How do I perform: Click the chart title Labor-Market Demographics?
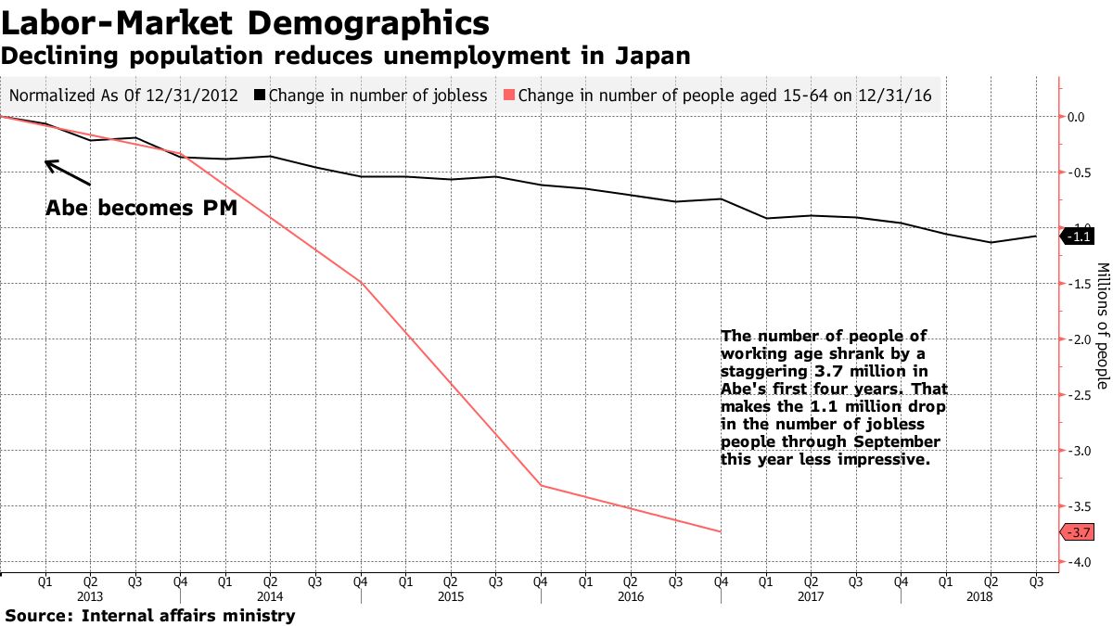point(245,22)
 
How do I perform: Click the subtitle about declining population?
point(345,57)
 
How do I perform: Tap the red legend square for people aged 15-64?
point(507,96)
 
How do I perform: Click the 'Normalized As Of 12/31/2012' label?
point(124,96)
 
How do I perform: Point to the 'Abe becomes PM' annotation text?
point(141,209)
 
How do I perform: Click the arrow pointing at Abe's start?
point(68,172)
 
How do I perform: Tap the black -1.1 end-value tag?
point(1079,236)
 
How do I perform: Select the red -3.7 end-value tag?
point(1079,532)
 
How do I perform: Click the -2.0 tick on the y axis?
point(1079,339)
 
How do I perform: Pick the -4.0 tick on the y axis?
point(1079,563)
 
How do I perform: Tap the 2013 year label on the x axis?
point(90,597)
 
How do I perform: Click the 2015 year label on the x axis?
point(450,597)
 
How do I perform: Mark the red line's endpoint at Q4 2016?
point(721,531)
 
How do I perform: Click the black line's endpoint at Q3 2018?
point(1037,236)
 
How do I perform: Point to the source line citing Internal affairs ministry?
point(150,616)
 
